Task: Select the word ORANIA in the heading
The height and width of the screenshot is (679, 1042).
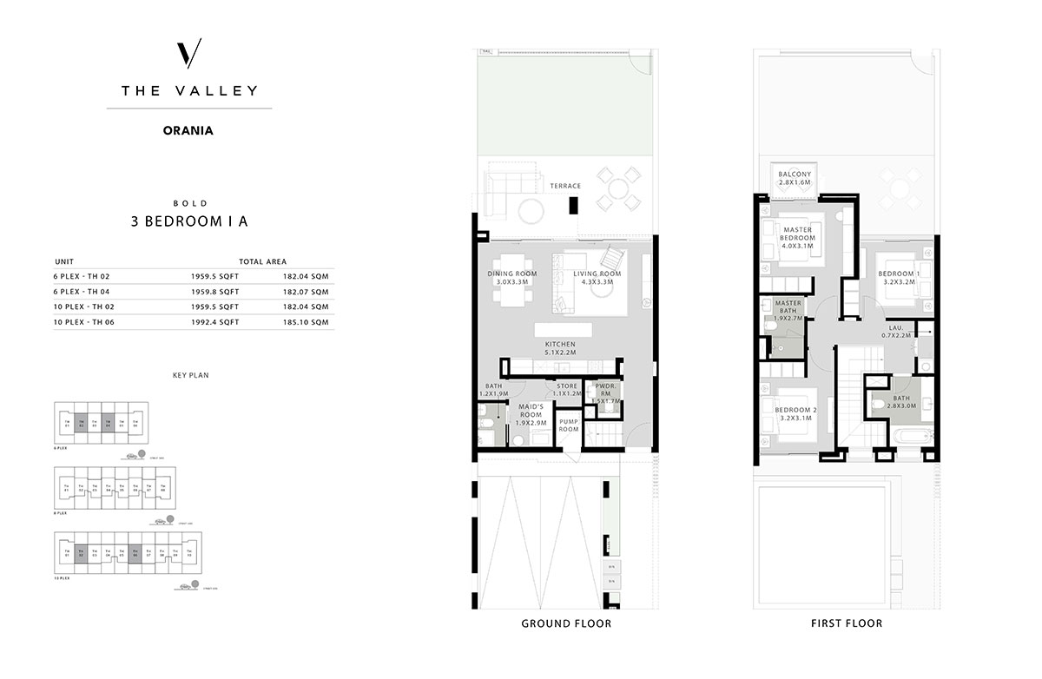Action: [188, 132]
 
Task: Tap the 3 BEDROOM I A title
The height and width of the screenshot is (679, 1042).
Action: [188, 221]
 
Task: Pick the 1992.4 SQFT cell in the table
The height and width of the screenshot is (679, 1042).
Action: [214, 322]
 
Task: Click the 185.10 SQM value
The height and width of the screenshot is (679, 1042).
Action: [308, 322]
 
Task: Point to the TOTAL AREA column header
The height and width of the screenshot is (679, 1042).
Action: [262, 260]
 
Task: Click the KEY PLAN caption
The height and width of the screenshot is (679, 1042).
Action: [189, 375]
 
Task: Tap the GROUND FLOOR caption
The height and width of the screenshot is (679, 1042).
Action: [565, 623]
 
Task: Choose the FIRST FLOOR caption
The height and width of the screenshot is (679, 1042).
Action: [847, 623]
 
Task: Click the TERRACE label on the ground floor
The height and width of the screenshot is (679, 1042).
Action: [565, 186]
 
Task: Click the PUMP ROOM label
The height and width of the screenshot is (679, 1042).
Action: [569, 425]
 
